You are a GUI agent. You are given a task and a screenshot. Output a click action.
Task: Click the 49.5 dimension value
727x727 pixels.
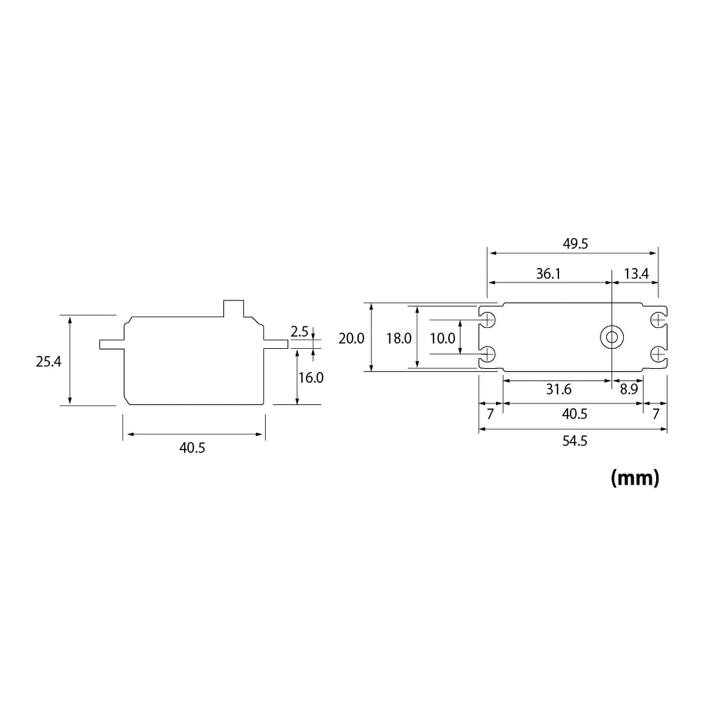[576, 244]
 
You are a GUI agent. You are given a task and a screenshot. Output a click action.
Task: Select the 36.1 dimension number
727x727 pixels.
[548, 274]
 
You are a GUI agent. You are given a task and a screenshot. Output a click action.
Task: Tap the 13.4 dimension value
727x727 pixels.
[636, 274]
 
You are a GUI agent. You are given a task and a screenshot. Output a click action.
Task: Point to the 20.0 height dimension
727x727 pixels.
[351, 338]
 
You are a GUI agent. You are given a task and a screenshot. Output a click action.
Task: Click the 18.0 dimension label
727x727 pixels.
[398, 338]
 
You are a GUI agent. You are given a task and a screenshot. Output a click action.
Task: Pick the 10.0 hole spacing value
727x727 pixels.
[443, 338]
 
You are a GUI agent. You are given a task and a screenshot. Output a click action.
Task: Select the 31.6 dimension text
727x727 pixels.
[558, 390]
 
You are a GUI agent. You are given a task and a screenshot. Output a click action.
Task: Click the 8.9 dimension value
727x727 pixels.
[628, 390]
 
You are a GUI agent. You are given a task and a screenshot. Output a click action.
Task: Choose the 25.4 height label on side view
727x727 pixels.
[48, 361]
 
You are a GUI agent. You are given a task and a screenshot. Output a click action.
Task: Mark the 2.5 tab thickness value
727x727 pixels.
[299, 331]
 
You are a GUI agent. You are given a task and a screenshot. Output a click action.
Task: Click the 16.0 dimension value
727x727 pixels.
[311, 378]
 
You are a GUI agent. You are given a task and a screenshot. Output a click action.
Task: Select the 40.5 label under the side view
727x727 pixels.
[192, 448]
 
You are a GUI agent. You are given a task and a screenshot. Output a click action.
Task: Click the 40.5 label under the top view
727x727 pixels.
[574, 414]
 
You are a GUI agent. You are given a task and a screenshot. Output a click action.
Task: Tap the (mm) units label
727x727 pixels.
[635, 477]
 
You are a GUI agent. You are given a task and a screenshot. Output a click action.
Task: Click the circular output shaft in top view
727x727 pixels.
[611, 338]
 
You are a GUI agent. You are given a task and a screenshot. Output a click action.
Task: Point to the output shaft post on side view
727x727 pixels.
[234, 308]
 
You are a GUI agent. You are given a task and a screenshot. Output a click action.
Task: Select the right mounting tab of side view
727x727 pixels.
[276, 344]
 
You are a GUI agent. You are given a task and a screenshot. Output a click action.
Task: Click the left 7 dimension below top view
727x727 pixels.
[490, 414]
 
